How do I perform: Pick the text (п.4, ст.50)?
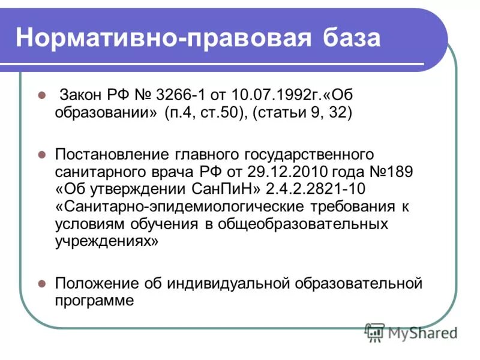[x=205, y=114]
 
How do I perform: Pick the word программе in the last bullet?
[x=94, y=300]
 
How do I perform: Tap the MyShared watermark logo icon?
[x=375, y=332]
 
